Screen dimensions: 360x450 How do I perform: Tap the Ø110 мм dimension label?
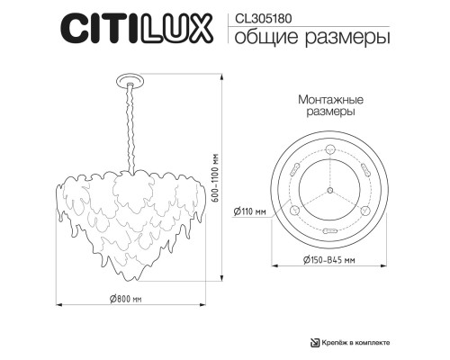pyautogui.click(x=249, y=211)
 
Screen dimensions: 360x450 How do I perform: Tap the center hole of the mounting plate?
pyautogui.click(x=329, y=191)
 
